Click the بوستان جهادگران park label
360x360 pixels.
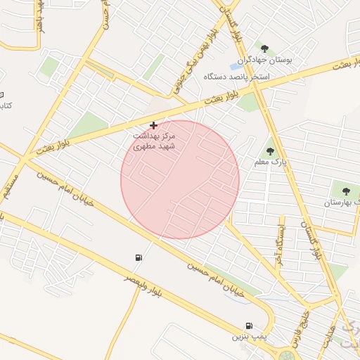tap(264, 61)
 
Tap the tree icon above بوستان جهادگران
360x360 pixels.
tap(264, 49)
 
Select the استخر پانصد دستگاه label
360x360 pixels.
tap(238, 75)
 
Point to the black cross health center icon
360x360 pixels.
tap(154, 125)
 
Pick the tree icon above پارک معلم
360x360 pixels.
tap(271, 150)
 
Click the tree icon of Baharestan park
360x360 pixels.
tap(345, 191)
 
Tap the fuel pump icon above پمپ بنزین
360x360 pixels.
tap(249, 326)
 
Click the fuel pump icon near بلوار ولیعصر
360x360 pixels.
tap(138, 257)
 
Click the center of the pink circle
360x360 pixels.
tap(180, 179)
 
